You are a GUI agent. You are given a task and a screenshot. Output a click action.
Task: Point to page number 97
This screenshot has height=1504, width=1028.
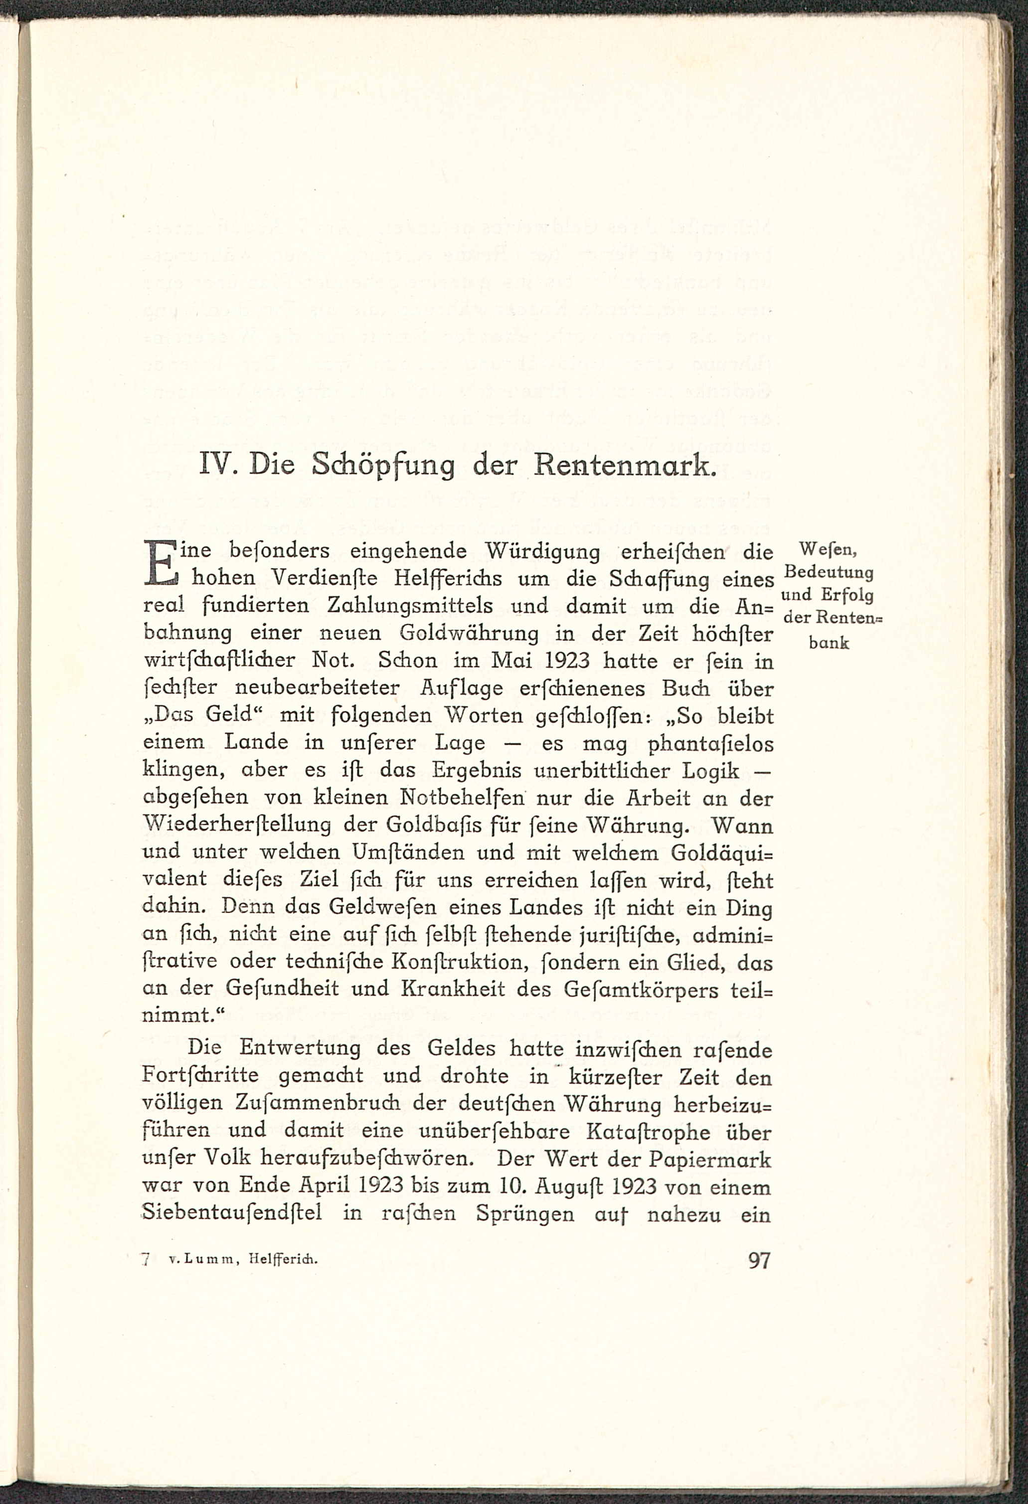click(759, 1260)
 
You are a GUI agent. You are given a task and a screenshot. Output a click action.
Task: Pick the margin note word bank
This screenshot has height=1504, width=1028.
click(829, 643)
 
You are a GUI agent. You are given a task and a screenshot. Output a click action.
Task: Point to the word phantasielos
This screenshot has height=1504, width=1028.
click(711, 744)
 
